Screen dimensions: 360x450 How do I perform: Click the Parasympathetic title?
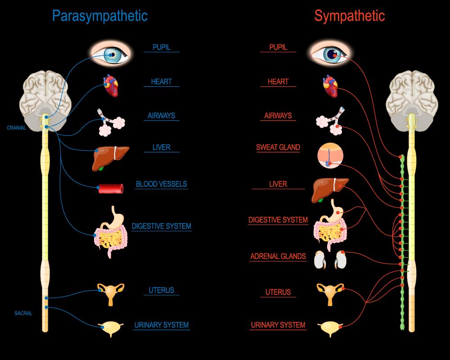click(99, 16)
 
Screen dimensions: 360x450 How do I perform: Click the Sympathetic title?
click(349, 16)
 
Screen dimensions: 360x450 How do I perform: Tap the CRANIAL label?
click(16, 128)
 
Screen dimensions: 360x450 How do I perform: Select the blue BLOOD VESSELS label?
click(161, 184)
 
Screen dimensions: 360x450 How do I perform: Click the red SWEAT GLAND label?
click(278, 147)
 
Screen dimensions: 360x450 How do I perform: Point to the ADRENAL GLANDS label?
click(278, 256)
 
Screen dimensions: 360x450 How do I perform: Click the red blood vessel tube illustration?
click(111, 188)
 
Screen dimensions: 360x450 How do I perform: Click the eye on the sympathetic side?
click(331, 54)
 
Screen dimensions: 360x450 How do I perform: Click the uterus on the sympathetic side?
click(330, 292)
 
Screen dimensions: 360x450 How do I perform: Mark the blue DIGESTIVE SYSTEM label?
click(161, 226)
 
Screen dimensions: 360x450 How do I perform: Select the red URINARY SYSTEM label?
click(278, 325)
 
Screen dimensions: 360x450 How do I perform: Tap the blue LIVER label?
click(161, 147)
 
